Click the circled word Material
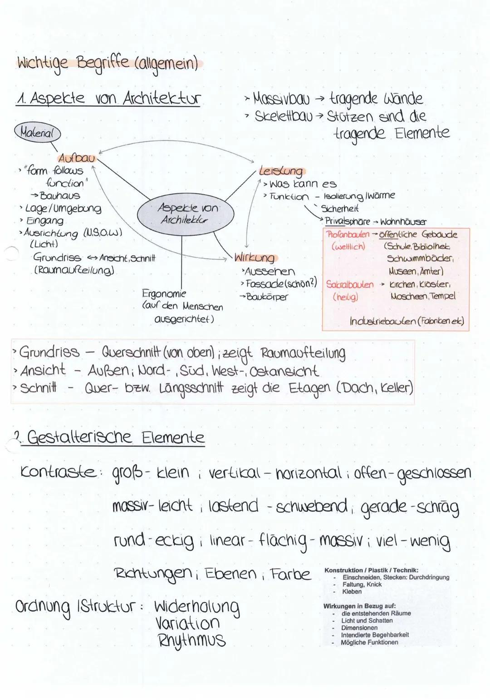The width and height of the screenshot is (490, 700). click(39, 134)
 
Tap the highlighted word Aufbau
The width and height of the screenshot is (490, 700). click(76, 158)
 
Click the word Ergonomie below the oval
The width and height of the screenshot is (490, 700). click(164, 293)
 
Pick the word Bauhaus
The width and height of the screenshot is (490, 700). click(60, 196)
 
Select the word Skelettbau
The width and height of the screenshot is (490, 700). click(284, 117)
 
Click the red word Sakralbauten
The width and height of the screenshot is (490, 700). click(350, 285)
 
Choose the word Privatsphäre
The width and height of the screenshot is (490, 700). click(348, 222)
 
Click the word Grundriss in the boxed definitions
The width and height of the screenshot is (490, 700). click(49, 352)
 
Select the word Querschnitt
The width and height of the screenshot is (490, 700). click(132, 352)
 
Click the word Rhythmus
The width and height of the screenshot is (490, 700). click(191, 640)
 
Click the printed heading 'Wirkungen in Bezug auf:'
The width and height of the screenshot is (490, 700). click(359, 606)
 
